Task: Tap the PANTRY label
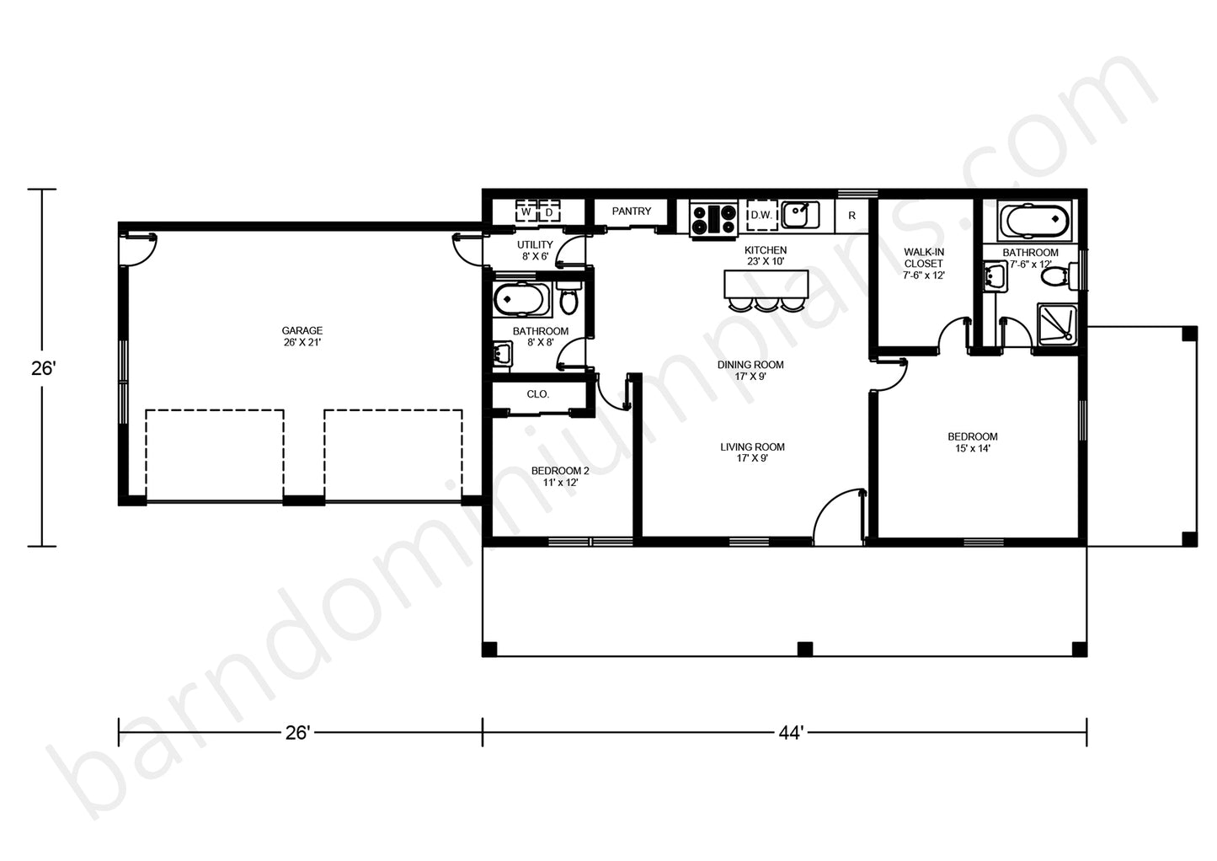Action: (x=631, y=211)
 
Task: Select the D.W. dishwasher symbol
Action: (x=761, y=216)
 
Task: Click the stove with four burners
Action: (x=713, y=219)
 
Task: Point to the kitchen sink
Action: (x=799, y=215)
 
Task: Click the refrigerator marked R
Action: (x=851, y=216)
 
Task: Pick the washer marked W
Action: (x=526, y=212)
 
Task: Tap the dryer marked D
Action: (x=549, y=212)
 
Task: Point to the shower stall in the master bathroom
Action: (x=1057, y=324)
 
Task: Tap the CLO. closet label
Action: (x=537, y=394)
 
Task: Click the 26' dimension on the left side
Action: (x=42, y=368)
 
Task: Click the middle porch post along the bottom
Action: (x=805, y=649)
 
